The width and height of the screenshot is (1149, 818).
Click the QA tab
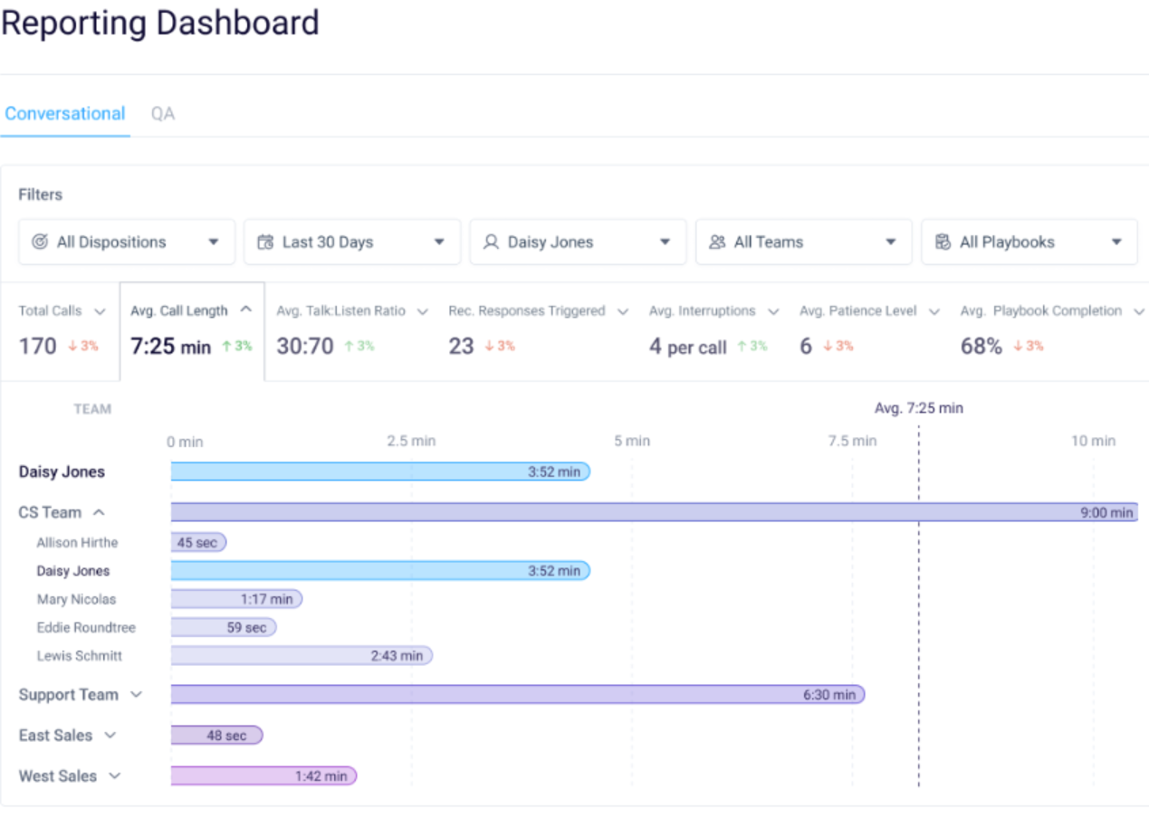163,114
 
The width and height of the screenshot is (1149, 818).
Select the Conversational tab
65,114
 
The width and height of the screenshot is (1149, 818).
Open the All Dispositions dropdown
126,242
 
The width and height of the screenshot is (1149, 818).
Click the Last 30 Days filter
351,242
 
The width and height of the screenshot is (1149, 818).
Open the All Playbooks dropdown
1029,242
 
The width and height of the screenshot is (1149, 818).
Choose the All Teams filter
803,242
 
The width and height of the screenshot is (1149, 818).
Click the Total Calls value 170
38,346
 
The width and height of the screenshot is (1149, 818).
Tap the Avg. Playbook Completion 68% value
981,346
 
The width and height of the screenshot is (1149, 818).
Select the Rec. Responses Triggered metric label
527,311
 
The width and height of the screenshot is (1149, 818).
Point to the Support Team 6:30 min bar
517,694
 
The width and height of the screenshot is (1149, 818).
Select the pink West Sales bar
263,775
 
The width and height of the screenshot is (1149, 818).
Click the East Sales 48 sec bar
216,735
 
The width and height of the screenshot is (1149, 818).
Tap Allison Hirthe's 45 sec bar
198,542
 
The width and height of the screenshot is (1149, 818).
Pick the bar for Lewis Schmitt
302,655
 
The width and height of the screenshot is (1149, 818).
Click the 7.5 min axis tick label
852,441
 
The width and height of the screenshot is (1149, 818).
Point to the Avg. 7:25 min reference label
918,408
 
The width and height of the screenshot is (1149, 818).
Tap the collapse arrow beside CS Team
99,512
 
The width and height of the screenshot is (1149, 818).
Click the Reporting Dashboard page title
160,23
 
